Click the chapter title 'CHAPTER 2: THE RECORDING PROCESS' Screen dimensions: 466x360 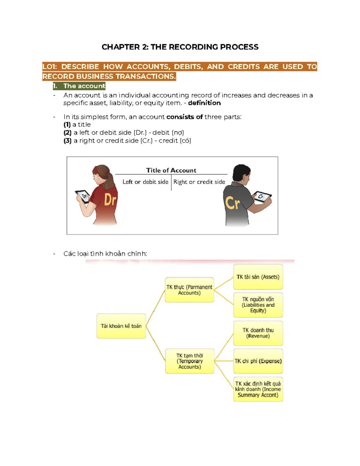(x=180, y=47)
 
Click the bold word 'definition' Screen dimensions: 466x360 (x=204, y=103)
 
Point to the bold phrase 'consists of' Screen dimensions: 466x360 (x=184, y=117)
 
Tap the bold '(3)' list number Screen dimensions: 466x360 (x=67, y=141)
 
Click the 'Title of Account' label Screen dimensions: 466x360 (x=171, y=170)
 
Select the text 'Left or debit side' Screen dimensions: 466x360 (x=145, y=182)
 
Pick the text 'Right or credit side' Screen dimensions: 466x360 (x=199, y=182)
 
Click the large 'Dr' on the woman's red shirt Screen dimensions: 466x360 (x=110, y=200)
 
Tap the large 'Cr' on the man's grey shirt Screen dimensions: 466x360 (x=232, y=203)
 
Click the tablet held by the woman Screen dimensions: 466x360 (x=83, y=197)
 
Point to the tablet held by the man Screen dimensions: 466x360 (x=262, y=197)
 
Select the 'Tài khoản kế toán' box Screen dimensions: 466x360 (x=121, y=326)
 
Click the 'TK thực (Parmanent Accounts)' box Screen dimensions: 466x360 (x=189, y=290)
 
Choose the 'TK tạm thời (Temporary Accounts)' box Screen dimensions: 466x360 (x=190, y=361)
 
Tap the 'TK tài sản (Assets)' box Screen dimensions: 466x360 (x=258, y=277)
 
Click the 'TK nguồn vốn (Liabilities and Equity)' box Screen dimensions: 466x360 (x=258, y=305)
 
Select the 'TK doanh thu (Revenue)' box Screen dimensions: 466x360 (x=258, y=333)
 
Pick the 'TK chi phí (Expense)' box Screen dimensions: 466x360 (x=258, y=361)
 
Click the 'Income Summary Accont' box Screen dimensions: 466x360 (x=258, y=389)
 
